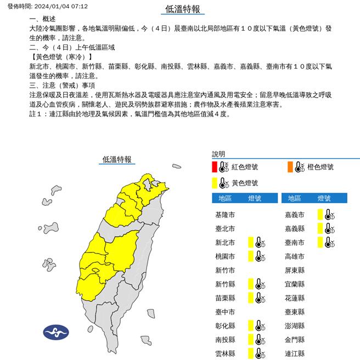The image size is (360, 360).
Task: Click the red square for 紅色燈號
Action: [215, 167]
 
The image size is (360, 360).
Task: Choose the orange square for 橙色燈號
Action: [289, 167]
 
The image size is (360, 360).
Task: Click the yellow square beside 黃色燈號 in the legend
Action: [215, 183]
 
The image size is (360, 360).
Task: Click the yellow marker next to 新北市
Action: [250, 242]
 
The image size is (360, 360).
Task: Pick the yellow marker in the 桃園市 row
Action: [250, 256]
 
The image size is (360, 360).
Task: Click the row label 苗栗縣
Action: [226, 297]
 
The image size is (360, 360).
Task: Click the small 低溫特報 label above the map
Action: [117, 159]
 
